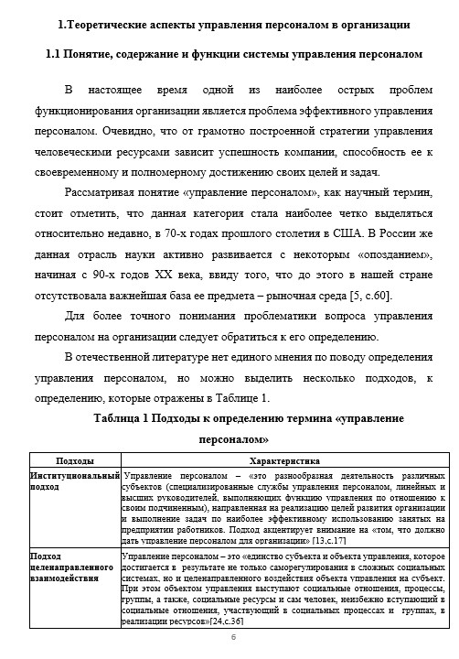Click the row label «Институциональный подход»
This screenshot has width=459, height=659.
75,482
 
